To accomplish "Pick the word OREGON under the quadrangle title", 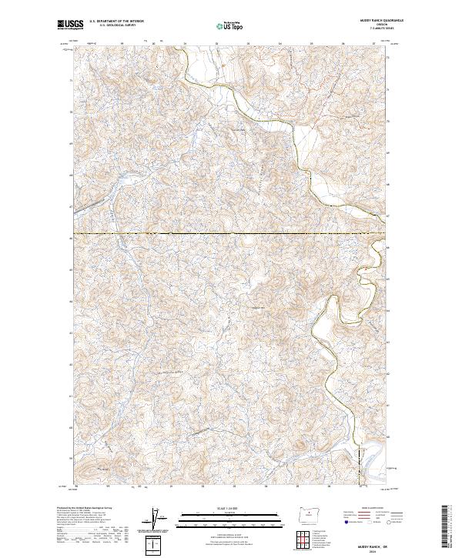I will pyautogui.click(x=383, y=25).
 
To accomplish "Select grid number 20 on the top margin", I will pyautogui.click(x=153, y=43).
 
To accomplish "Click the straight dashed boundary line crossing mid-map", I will pyautogui.click(x=231, y=233).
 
